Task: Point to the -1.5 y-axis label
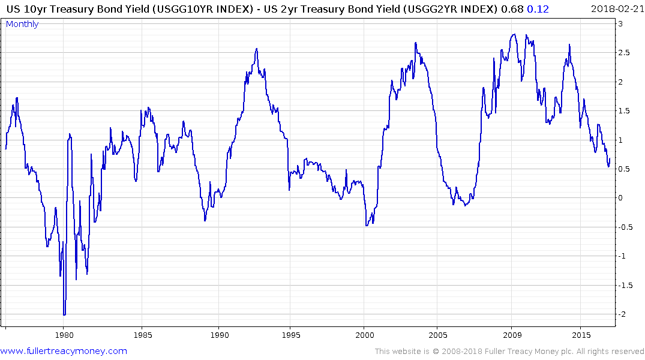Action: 625,286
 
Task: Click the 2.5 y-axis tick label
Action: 624,53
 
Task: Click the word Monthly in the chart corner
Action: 22,24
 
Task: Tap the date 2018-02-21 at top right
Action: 616,8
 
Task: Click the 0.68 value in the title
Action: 515,8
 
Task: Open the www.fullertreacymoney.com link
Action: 64,351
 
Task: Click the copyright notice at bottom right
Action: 509,352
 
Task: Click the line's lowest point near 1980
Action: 64,314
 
